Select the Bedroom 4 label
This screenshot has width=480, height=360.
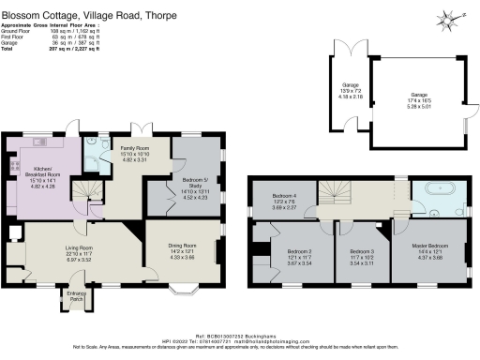[x=285, y=196]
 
